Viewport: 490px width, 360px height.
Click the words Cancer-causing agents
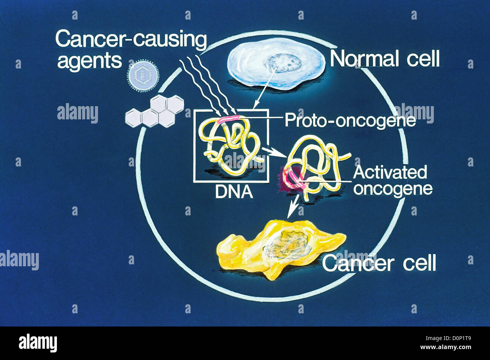pyautogui.click(x=130, y=50)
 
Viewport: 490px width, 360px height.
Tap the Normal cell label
pyautogui.click(x=384, y=59)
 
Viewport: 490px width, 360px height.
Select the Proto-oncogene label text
pyautogui.click(x=350, y=120)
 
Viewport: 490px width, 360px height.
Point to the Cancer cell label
pyautogui.click(x=379, y=263)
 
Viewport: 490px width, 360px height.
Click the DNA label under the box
pyautogui.click(x=233, y=192)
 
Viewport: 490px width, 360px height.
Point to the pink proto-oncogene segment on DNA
pyautogui.click(x=228, y=120)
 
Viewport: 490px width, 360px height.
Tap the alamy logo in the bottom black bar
pyautogui.click(x=38, y=343)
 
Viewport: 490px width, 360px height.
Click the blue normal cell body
pyautogui.click(x=249, y=64)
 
